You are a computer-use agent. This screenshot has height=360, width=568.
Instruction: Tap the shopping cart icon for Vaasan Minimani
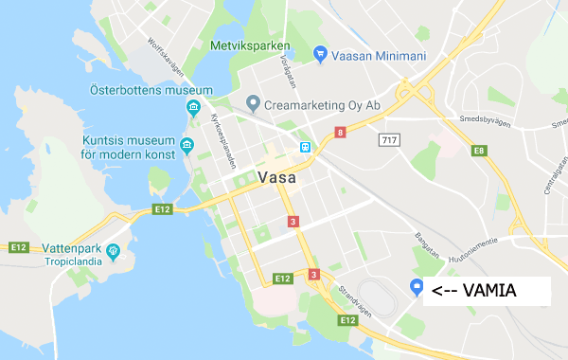320,55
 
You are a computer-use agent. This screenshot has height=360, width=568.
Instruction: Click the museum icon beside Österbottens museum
193,106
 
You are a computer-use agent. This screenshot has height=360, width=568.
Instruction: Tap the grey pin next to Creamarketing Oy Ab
253,102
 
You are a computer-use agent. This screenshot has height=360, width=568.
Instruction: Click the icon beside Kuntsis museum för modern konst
187,145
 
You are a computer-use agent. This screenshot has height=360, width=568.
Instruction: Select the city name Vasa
276,177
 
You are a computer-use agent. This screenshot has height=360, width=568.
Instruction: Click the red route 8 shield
340,134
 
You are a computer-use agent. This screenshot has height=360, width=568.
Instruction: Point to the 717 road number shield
387,140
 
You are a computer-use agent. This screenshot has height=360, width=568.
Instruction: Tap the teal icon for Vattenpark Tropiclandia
114,251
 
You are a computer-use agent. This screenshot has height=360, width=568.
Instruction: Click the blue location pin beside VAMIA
415,288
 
